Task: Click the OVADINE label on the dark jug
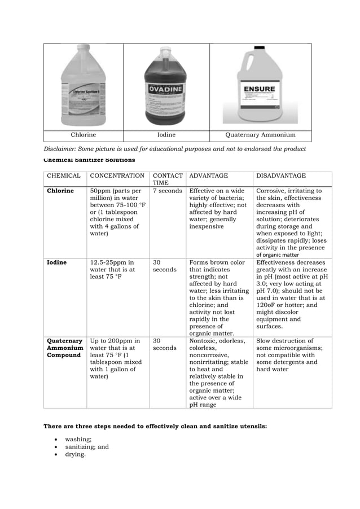[166, 90]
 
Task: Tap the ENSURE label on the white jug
[259, 89]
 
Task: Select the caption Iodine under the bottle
[166, 135]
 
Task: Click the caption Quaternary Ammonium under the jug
[260, 135]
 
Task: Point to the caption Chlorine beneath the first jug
[83, 135]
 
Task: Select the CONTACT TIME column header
[168, 179]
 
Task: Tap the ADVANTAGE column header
[209, 176]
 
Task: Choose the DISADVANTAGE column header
[281, 176]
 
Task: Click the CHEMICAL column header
[64, 176]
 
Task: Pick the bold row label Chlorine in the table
[60, 191]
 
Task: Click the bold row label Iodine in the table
[56, 262]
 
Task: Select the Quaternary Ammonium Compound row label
[64, 348]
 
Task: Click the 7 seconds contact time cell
[168, 191]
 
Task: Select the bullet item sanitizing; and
[87, 446]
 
